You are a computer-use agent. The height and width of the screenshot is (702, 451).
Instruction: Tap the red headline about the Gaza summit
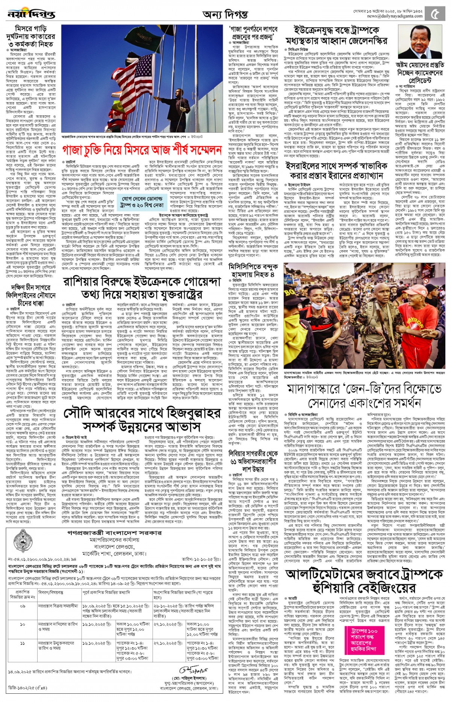[x=142, y=150]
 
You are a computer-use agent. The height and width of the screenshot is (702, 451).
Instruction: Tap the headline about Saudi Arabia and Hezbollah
[x=142, y=420]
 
